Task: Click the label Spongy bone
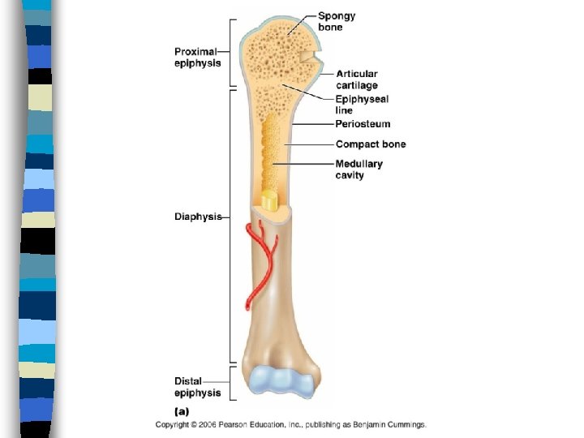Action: click(336, 22)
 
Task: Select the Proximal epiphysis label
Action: click(197, 58)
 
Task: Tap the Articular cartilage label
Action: click(356, 79)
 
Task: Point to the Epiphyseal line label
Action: click(362, 105)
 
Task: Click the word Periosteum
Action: click(363, 124)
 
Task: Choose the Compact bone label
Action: click(371, 144)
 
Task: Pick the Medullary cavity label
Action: click(359, 170)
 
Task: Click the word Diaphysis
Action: click(198, 217)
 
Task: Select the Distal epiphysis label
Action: click(197, 387)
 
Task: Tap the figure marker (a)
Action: click(182, 411)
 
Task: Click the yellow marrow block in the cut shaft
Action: click(269, 200)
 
